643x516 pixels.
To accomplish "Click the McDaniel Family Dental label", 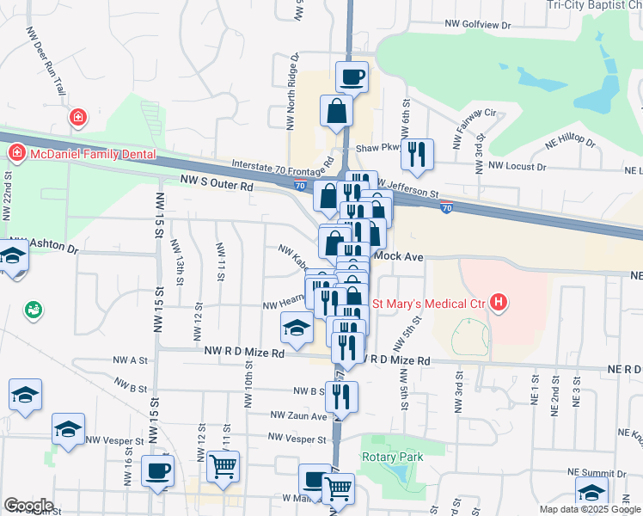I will pos(93,154).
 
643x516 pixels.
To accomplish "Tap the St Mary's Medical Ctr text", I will pos(427,302).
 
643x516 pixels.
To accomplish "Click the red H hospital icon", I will pos(498,302).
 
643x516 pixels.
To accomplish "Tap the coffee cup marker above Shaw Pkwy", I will pos(352,78).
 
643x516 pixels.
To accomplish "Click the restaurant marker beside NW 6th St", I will pos(417,154).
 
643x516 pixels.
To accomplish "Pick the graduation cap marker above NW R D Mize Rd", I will pos(296,328).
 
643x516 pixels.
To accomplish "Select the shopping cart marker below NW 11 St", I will pos(223,467).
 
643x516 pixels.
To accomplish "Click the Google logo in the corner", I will pos(28,506).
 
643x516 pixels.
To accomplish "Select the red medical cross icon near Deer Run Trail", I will pos(77,116).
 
